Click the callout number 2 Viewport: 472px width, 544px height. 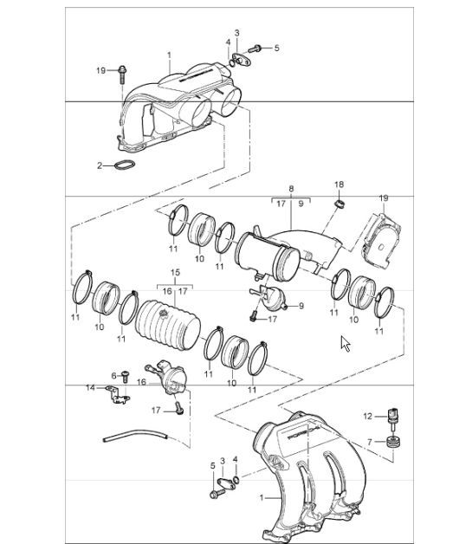click(100, 165)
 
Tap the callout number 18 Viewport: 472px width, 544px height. click(339, 185)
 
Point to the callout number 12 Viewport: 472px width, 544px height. click(366, 417)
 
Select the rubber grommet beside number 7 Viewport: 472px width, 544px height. click(395, 444)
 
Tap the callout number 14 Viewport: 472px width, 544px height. click(89, 388)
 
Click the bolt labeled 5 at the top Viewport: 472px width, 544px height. click(257, 48)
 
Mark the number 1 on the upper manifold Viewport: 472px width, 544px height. click(169, 55)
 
